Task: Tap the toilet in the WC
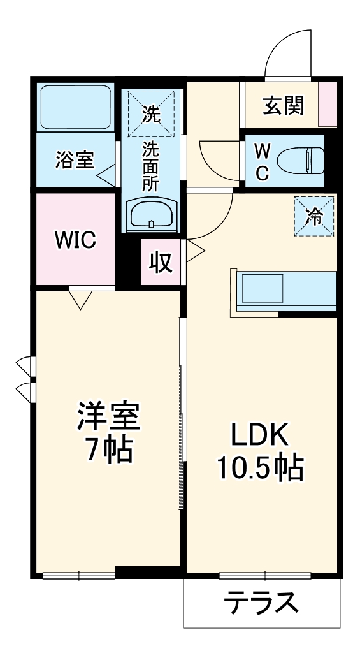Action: (304, 160)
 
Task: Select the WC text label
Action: (263, 161)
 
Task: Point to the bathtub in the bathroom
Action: (75, 106)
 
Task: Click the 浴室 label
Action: (74, 159)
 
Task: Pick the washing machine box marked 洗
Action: (151, 114)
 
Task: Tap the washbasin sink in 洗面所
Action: (152, 214)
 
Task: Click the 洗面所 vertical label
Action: (151, 167)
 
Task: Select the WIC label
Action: (75, 240)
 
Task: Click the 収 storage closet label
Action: (161, 261)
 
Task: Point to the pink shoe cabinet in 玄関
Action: (328, 104)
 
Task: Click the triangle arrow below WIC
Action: (80, 298)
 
